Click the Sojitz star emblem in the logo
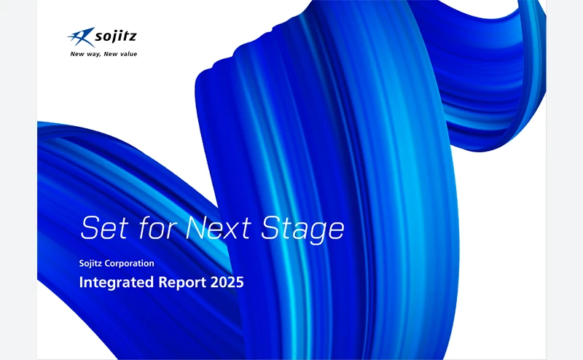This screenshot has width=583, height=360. click(x=81, y=37)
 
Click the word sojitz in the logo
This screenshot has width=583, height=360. click(x=116, y=36)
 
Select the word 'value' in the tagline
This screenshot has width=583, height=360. click(x=129, y=54)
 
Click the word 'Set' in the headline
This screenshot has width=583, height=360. click(x=104, y=227)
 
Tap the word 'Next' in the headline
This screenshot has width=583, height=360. click(x=218, y=227)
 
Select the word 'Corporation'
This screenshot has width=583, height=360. click(x=130, y=263)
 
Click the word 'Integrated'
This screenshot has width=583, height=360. click(x=117, y=282)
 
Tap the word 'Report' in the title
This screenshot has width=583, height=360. click(x=182, y=283)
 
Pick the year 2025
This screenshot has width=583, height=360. click(x=227, y=282)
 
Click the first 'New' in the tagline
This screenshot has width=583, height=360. click(x=77, y=55)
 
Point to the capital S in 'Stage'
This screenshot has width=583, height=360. click(x=271, y=227)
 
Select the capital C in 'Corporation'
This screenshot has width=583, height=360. click(x=108, y=263)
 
